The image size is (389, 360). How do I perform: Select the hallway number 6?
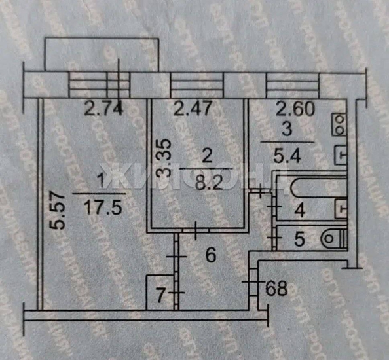(x=210, y=255)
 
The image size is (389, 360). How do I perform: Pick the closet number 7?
(x=158, y=293)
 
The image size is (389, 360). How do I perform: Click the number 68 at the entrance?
(x=276, y=286)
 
